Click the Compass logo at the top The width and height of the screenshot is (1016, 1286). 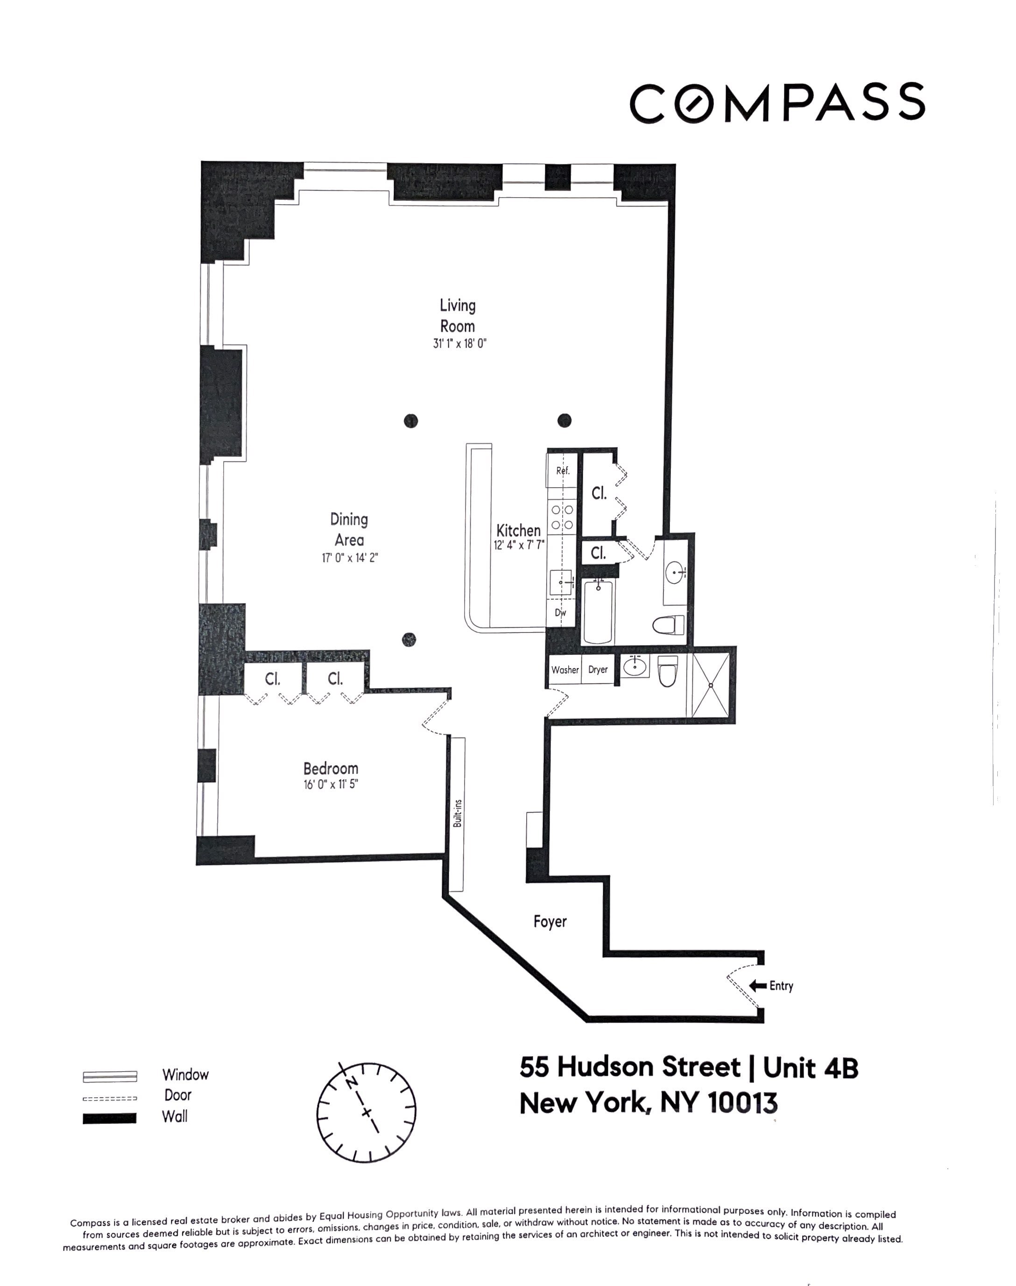[x=777, y=103]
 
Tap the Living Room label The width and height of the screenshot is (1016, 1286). [x=458, y=315]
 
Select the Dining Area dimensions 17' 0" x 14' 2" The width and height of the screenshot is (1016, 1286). [x=349, y=558]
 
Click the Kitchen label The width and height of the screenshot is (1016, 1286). [x=518, y=530]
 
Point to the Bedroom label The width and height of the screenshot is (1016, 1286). [x=331, y=768]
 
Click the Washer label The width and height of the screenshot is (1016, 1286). [x=564, y=669]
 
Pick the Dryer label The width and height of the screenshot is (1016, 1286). [x=598, y=669]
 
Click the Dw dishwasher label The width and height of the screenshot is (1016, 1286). [x=560, y=612]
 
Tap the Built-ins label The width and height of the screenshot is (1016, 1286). [x=458, y=813]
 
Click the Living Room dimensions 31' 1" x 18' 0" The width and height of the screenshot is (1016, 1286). [x=460, y=343]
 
